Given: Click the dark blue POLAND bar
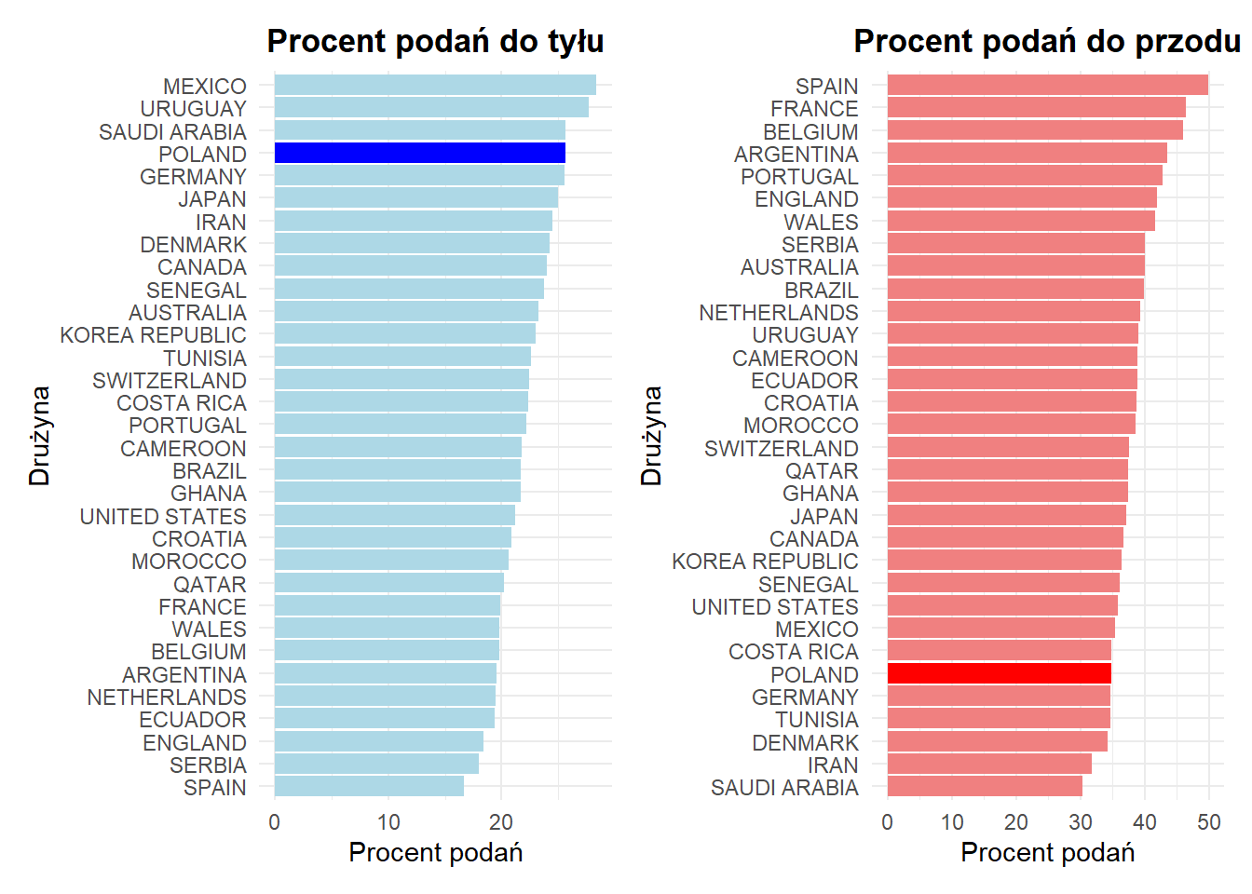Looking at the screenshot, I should pyautogui.click(x=419, y=154).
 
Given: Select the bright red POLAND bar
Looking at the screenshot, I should pyautogui.click(x=999, y=673).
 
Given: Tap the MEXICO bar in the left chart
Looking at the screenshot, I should pyautogui.click(x=435, y=86).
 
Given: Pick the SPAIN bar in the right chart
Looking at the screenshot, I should pyautogui.click(x=1047, y=86).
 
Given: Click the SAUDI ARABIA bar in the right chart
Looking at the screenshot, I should pyautogui.click(x=985, y=787).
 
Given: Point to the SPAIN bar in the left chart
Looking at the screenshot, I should pyautogui.click(x=369, y=787).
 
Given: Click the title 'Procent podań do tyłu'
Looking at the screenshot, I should pyautogui.click(x=435, y=42).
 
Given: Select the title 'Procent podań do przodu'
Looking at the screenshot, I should pyautogui.click(x=1047, y=42).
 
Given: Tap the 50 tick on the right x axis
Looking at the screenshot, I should pyautogui.click(x=1209, y=821).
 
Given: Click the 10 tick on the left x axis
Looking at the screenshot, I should pyautogui.click(x=388, y=821).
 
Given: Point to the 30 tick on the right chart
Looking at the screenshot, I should pyautogui.click(x=1081, y=821).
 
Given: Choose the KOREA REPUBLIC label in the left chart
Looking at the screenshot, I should pyautogui.click(x=154, y=335).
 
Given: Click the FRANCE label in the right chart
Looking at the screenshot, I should pyautogui.click(x=814, y=109).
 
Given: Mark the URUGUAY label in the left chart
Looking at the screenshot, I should pyautogui.click(x=194, y=109).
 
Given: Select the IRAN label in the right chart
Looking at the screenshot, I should pyautogui.click(x=833, y=765).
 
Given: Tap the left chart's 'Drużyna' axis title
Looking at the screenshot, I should pyautogui.click(x=39, y=436).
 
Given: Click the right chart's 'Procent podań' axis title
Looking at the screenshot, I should pyautogui.click(x=1047, y=852).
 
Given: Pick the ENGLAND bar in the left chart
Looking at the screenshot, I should pyautogui.click(x=378, y=742).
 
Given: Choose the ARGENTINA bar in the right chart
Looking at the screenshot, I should pyautogui.click(x=1027, y=154).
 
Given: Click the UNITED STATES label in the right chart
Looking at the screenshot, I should pyautogui.click(x=775, y=606).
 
